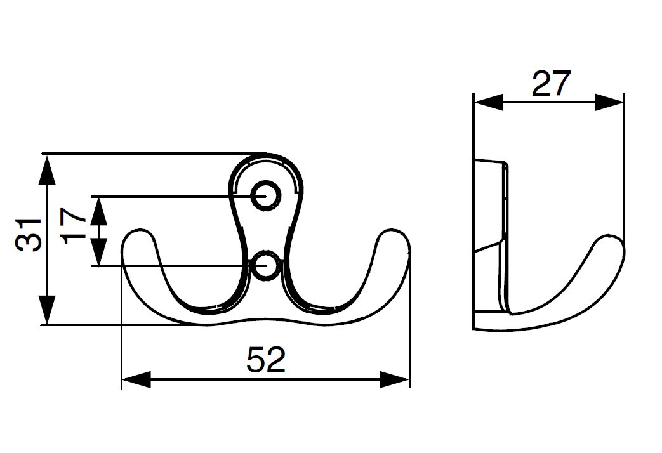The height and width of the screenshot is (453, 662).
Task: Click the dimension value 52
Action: (266, 360)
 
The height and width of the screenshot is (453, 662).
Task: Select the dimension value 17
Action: (76, 225)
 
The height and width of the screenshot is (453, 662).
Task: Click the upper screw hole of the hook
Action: (265, 196)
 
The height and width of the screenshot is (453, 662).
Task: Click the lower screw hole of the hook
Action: (265, 266)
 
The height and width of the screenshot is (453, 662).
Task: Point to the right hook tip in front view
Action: (394, 239)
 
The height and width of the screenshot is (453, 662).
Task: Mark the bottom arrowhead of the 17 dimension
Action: (99, 254)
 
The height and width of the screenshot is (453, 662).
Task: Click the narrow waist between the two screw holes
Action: (265, 232)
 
